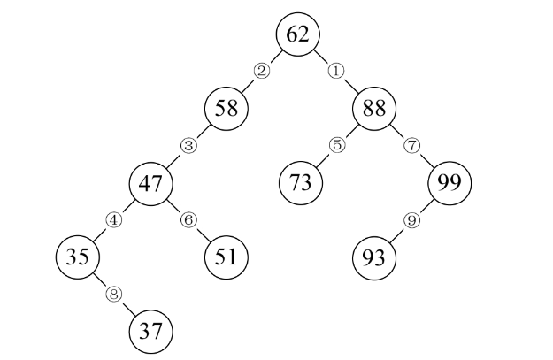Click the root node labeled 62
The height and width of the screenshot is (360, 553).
pyautogui.click(x=298, y=34)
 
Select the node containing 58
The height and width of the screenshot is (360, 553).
pyautogui.click(x=227, y=109)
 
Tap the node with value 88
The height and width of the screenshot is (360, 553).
pyautogui.click(x=373, y=109)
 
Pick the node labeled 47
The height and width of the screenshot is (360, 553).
pyautogui.click(x=151, y=183)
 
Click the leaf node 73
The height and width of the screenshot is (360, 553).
pyautogui.click(x=300, y=183)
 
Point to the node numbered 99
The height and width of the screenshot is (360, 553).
pyautogui.click(x=449, y=183)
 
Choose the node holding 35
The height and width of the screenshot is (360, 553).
pyautogui.click(x=77, y=257)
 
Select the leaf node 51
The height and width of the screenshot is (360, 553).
pyautogui.click(x=227, y=257)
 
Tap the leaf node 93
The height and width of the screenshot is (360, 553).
pyautogui.click(x=373, y=257)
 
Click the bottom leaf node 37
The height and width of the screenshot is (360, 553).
pyautogui.click(x=151, y=332)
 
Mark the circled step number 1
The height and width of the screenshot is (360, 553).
pyautogui.click(x=335, y=71)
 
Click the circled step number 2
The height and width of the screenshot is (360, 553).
pyautogui.click(x=261, y=71)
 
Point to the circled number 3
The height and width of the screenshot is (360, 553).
pyautogui.click(x=187, y=145)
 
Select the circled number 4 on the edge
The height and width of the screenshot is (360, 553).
pyautogui.click(x=113, y=220)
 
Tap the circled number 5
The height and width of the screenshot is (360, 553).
pyautogui.click(x=335, y=145)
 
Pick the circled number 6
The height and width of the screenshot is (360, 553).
pyautogui.click(x=188, y=220)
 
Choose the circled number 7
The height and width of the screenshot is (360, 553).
pyautogui.click(x=411, y=145)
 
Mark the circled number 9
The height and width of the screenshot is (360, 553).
pyautogui.click(x=411, y=220)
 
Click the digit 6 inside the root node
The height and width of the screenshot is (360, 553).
pyautogui.click(x=292, y=34)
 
